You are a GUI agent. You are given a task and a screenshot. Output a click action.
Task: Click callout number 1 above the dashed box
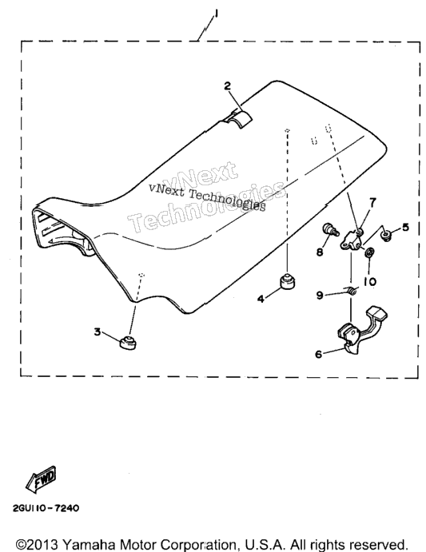tap(216, 14)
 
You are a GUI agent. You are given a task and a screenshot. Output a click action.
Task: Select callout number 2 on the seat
tap(228, 85)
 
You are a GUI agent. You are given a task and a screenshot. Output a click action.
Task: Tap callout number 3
tap(98, 332)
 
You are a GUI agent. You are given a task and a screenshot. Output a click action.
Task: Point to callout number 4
tap(261, 299)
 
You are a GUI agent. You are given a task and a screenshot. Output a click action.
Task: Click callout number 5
tap(405, 227)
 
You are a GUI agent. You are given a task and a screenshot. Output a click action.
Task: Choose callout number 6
tap(319, 354)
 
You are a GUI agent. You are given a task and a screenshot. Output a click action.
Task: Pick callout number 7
tap(372, 202)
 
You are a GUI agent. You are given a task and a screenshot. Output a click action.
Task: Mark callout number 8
tap(320, 252)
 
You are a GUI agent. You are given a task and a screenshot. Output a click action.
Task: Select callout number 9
tap(320, 295)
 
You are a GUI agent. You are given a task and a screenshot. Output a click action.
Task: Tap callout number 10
tap(369, 282)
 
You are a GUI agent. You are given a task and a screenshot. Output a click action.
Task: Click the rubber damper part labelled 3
tap(128, 344)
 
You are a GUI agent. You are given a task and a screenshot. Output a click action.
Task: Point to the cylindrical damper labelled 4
tap(287, 281)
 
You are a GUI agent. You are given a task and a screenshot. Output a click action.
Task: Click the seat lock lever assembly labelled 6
tap(362, 328)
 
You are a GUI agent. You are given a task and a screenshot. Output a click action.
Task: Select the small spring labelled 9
tap(352, 290)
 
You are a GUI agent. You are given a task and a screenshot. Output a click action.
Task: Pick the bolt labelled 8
tap(330, 229)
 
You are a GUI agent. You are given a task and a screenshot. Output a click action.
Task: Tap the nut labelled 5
tap(387, 235)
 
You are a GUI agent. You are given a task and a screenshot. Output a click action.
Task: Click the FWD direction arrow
tap(42, 479)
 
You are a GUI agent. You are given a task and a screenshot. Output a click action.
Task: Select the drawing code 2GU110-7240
tap(46, 508)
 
